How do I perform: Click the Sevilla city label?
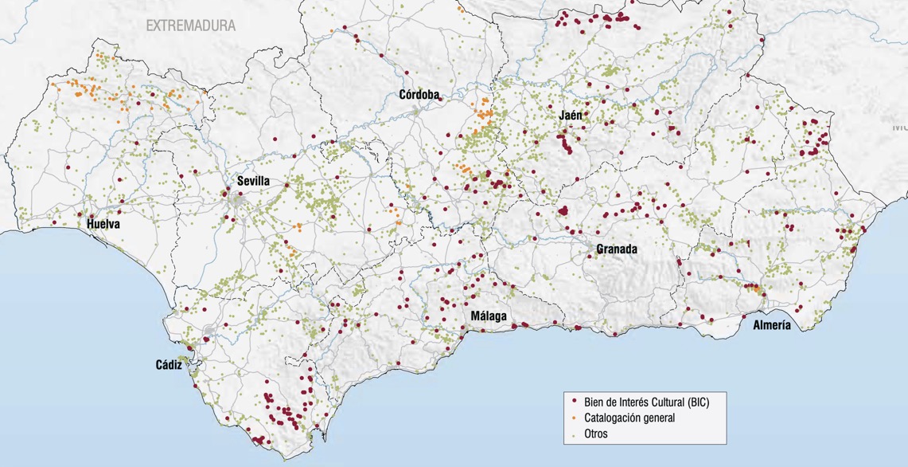253,181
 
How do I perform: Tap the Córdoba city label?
419,95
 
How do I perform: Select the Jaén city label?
570,116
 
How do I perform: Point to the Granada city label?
617,249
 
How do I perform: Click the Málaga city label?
489,316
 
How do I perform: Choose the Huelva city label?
103,225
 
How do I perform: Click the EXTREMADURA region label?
190,26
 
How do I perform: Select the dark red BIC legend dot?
575,402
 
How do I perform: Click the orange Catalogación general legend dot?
575,418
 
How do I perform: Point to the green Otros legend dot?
575,434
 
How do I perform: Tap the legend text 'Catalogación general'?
629,418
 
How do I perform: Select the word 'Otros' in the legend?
596,434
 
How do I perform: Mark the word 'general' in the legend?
657,418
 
